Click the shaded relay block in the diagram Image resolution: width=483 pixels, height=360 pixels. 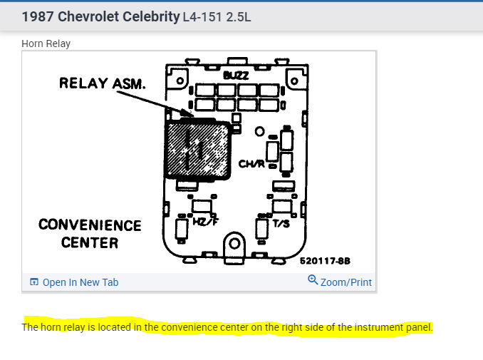(197, 150)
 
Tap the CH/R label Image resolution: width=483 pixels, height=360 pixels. (251, 164)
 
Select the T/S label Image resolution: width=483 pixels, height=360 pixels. (281, 223)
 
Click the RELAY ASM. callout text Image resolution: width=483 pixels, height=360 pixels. (103, 83)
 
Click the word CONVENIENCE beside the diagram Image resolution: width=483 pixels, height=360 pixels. (90, 225)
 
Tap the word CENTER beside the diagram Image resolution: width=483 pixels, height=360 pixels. (90, 242)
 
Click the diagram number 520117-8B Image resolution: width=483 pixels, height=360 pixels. (324, 262)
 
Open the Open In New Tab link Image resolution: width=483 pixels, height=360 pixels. (80, 282)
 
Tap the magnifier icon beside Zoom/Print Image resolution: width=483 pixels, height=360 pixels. (313, 281)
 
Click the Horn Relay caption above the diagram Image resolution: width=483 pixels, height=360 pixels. (46, 43)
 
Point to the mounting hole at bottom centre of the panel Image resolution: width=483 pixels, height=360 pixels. (233, 245)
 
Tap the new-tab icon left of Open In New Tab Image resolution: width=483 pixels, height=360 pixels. (33, 282)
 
